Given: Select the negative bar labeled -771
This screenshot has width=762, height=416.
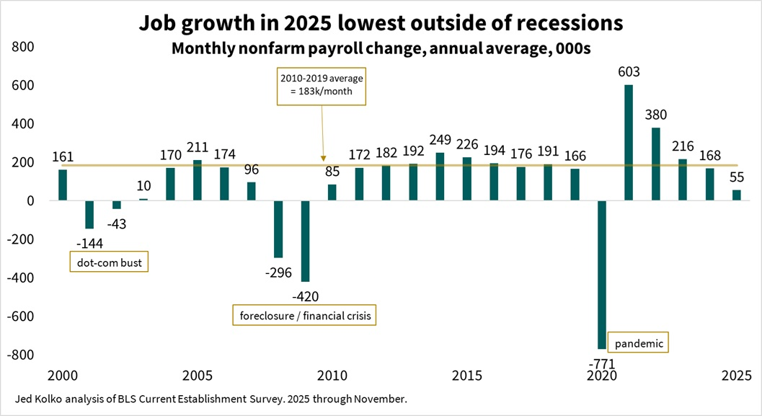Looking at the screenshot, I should click(x=601, y=275).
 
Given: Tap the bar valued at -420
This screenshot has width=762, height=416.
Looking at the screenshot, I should click(x=305, y=241).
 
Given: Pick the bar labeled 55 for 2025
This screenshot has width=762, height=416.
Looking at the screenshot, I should click(x=736, y=195).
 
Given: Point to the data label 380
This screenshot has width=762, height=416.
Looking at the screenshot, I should click(x=655, y=115).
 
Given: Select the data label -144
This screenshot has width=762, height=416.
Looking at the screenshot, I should click(x=89, y=243).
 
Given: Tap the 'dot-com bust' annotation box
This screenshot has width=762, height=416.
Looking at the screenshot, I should click(x=108, y=262).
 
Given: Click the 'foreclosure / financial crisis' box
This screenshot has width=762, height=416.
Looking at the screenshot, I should click(x=304, y=316).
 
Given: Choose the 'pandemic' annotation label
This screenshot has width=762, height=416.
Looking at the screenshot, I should click(x=638, y=342).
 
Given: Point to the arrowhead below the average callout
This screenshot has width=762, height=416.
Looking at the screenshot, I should click(x=323, y=158).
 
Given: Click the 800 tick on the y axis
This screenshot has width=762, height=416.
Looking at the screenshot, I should click(x=22, y=47).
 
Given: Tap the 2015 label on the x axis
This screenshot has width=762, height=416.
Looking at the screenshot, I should click(x=466, y=376).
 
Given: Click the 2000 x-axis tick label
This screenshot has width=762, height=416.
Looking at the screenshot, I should click(x=63, y=376).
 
